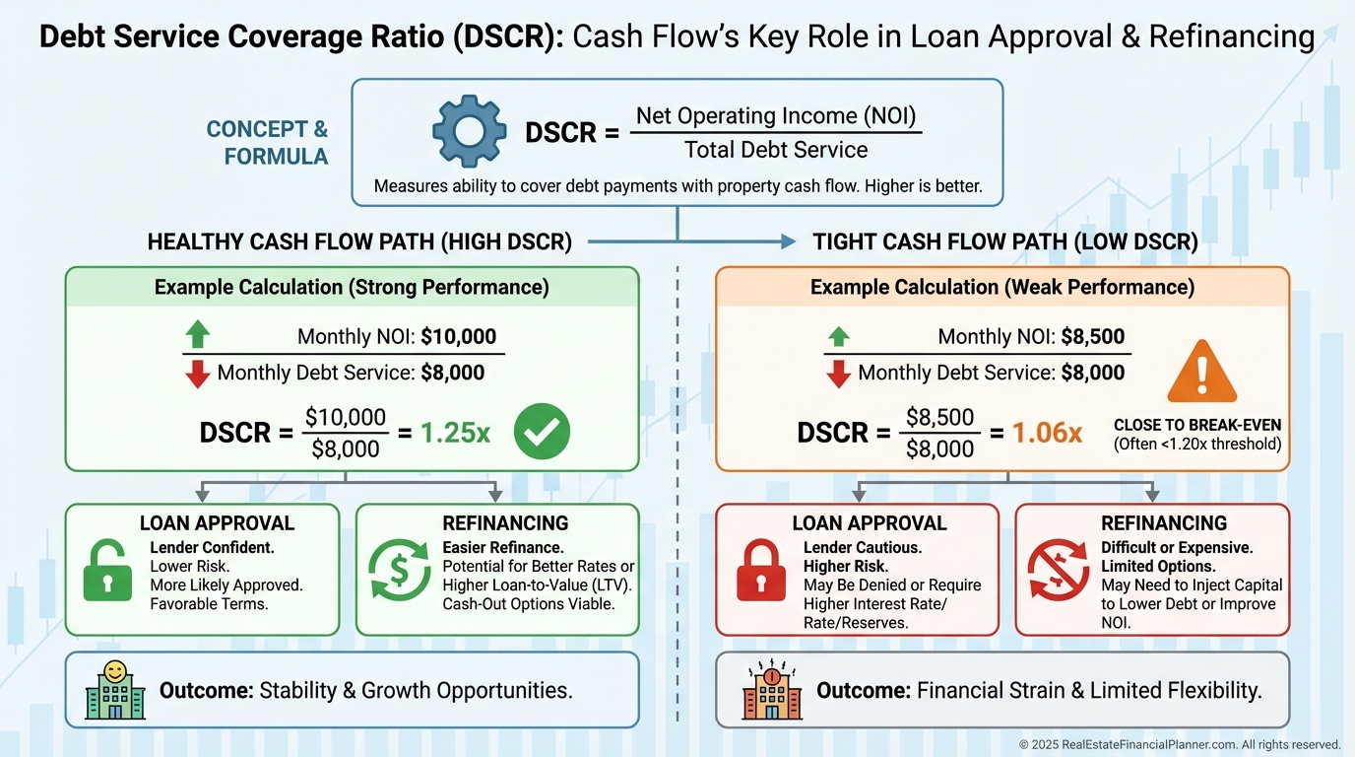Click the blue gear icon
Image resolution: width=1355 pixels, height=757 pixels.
[x=470, y=131]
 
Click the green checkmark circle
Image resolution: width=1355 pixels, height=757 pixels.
[x=543, y=431]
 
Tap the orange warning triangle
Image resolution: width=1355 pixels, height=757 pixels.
[x=1201, y=372]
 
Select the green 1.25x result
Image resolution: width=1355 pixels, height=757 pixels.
[x=455, y=433]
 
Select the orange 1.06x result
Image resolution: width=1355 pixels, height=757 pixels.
[x=1047, y=433]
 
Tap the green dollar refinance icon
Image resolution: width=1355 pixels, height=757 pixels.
[x=399, y=571]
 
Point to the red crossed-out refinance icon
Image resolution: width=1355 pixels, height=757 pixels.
[x=1057, y=571]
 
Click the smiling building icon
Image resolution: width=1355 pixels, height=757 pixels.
[x=114, y=690]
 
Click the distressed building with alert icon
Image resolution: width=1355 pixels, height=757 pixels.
[x=773, y=691]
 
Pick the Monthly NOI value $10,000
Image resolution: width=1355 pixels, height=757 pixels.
[x=458, y=336]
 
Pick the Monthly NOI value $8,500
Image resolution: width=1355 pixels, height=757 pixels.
[x=1092, y=336]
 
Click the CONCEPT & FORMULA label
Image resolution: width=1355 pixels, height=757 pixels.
[x=267, y=143]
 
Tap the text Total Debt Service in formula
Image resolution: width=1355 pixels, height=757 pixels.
[x=776, y=150]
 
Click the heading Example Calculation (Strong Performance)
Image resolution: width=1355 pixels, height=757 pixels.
[x=352, y=287]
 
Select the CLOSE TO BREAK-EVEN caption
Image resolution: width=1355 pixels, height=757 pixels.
[x=1197, y=426]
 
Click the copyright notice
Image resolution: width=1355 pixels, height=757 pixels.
[x=1180, y=744]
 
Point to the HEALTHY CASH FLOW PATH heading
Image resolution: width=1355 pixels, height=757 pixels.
[x=359, y=241]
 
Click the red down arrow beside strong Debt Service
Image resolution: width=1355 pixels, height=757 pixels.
[x=198, y=374]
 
